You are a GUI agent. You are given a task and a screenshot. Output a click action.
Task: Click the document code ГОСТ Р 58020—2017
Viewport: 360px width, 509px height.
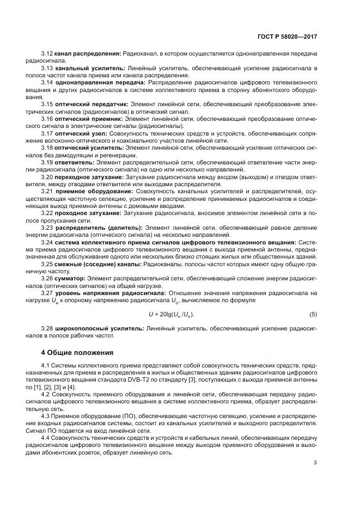[289, 36]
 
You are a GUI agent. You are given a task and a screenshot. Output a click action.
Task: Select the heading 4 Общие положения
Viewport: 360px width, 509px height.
[77, 352]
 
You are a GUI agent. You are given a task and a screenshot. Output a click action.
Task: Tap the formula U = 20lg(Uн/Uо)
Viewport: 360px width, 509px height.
[172, 315]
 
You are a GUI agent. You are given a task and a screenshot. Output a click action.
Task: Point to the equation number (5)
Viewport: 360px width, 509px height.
[313, 315]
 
